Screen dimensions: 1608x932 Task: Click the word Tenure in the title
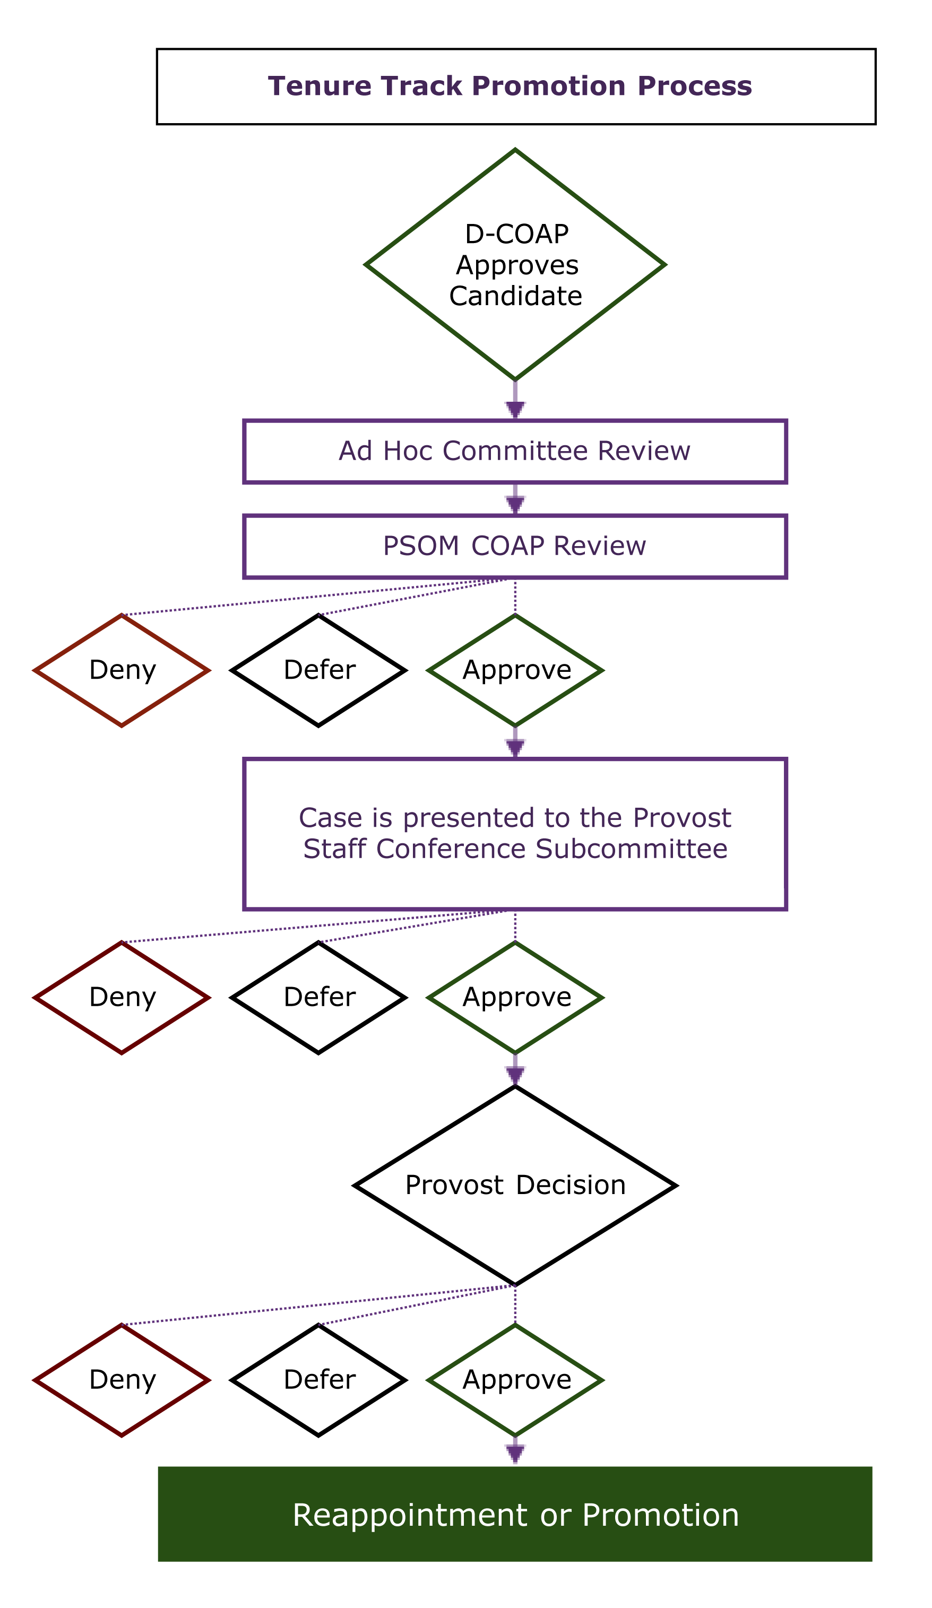[319, 86]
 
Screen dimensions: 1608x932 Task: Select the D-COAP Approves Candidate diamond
[515, 265]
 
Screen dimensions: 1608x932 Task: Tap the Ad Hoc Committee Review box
[515, 451]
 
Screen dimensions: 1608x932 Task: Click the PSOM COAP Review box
[515, 546]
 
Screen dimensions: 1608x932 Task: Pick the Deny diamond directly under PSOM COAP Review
[122, 670]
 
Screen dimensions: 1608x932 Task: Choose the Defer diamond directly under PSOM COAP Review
[318, 670]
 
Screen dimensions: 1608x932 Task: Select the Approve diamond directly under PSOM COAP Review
[515, 670]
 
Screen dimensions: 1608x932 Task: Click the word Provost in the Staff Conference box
[682, 818]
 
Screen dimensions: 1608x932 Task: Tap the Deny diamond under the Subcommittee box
[122, 997]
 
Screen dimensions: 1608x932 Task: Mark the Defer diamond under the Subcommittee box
[318, 997]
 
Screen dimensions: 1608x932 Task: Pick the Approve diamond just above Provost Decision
[515, 997]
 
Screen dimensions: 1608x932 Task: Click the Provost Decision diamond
[515, 1186]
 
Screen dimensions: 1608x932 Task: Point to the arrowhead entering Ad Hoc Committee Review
[515, 410]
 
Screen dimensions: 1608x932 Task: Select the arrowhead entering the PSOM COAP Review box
[515, 505]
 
